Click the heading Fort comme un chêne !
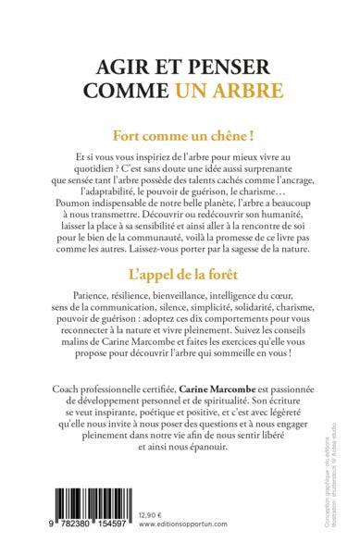point(180,133)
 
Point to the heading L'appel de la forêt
point(180,299)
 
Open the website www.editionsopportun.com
point(182,536)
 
